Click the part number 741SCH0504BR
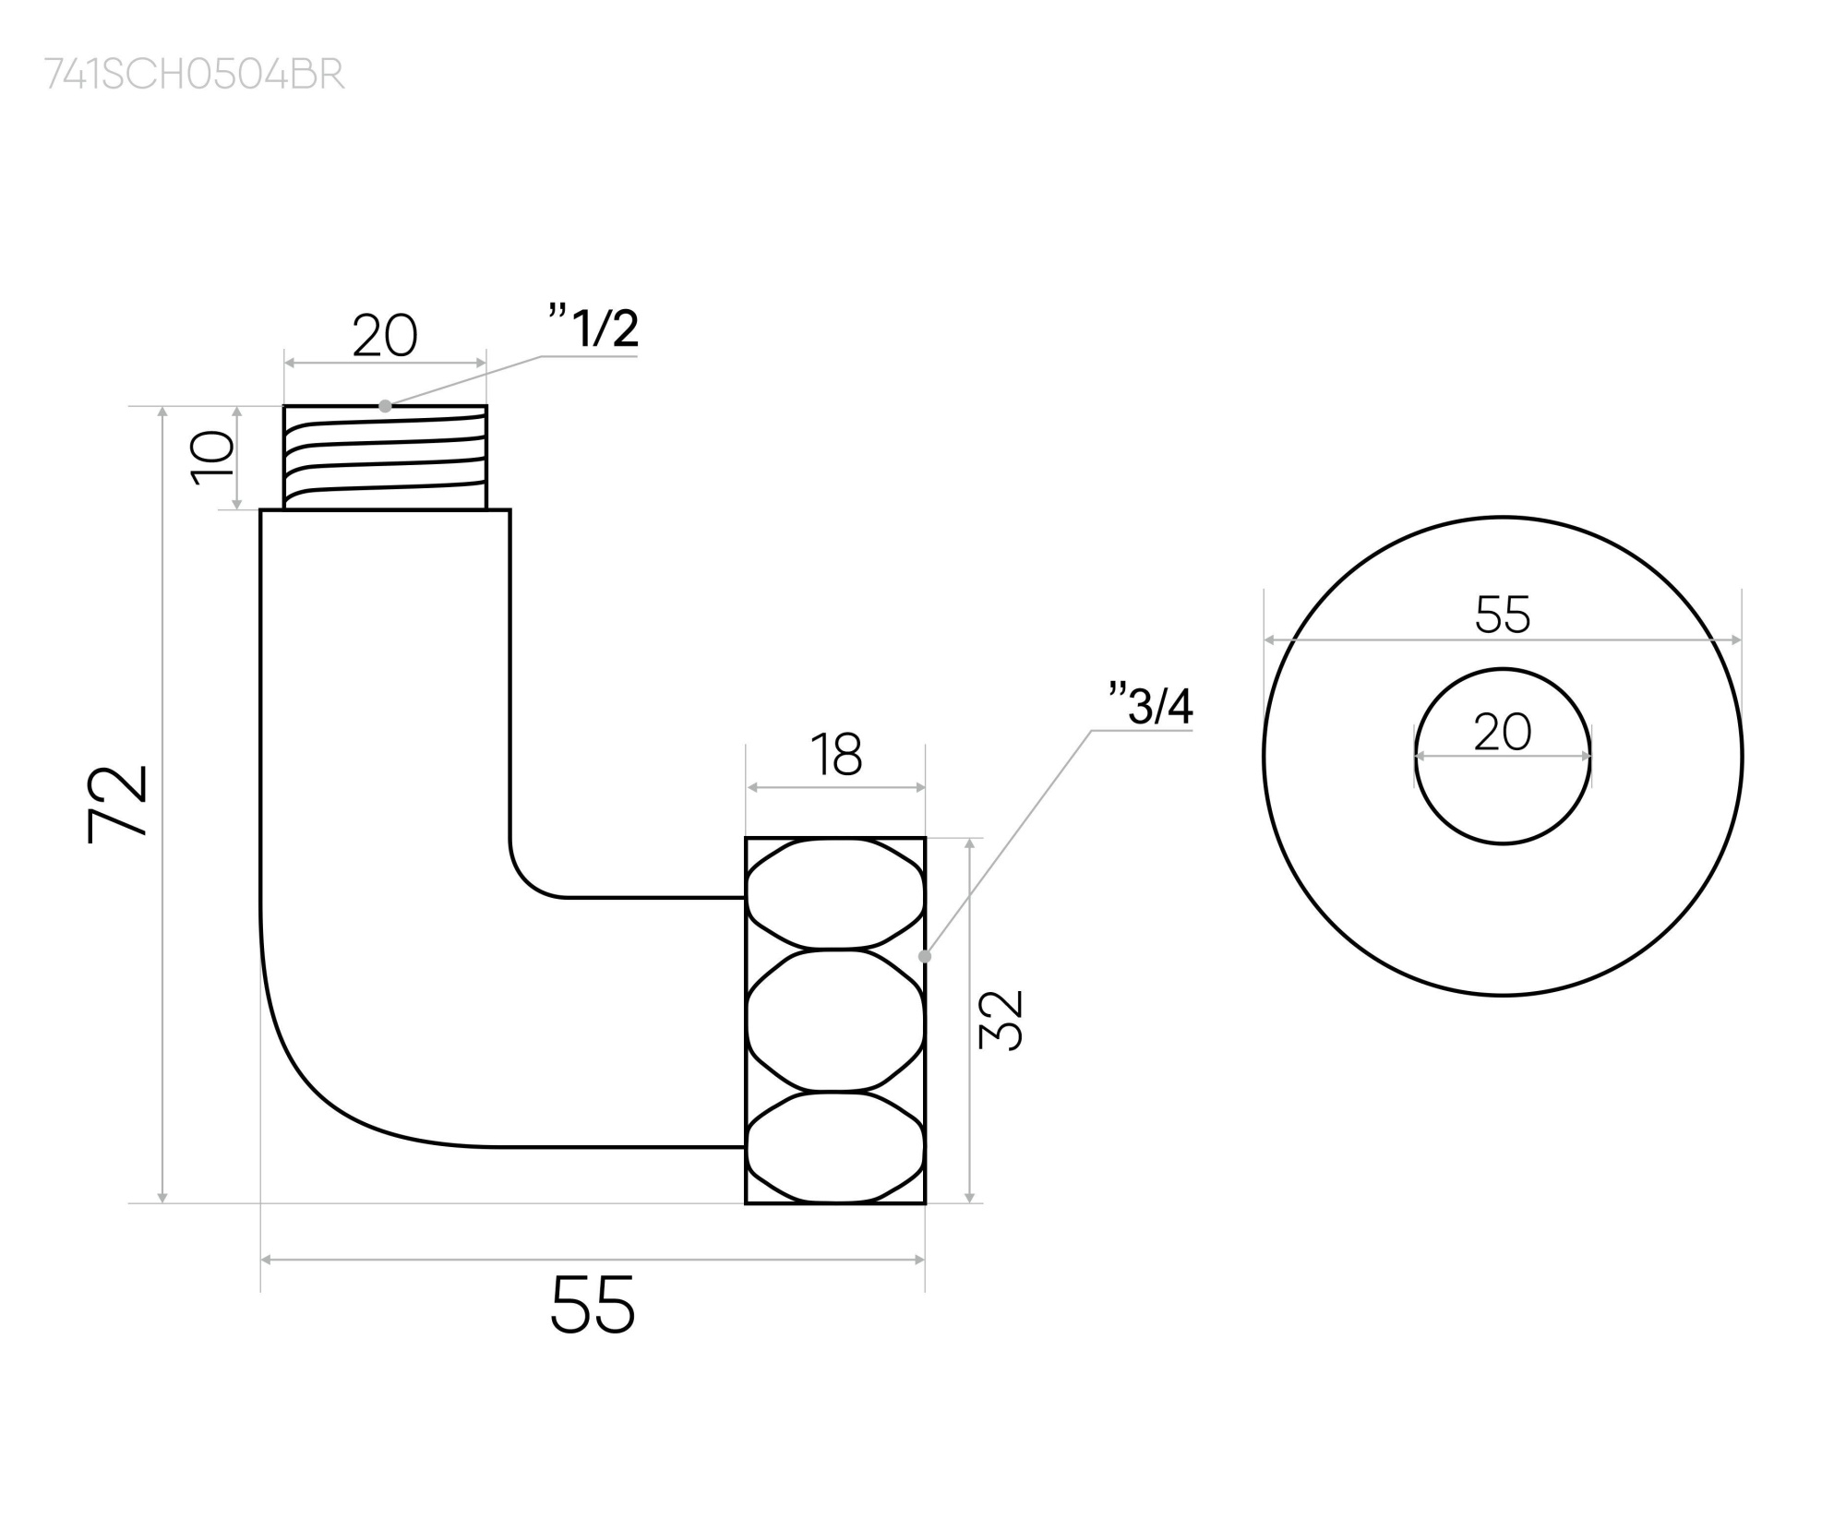tap(195, 75)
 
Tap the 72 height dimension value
tap(118, 803)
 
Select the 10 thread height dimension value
tap(213, 457)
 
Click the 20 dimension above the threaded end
tap(385, 336)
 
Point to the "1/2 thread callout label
tap(593, 328)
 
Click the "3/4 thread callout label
tap(1151, 706)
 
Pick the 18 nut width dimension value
tap(836, 755)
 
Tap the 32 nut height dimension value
tap(1001, 1020)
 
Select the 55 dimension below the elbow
tap(593, 1304)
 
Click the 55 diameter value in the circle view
tap(1503, 614)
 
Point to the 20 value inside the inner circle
tap(1503, 733)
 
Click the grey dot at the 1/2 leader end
tap(385, 406)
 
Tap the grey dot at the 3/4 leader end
tap(925, 956)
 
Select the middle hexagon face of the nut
tap(835, 1021)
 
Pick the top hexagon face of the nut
tap(835, 893)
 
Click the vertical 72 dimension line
tap(163, 803)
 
